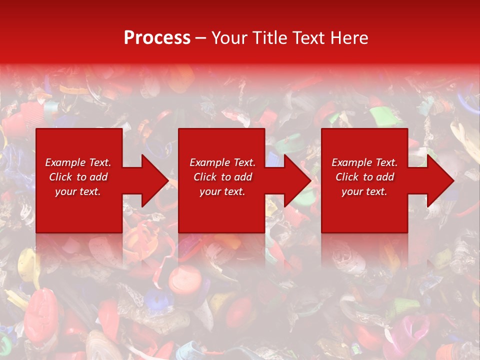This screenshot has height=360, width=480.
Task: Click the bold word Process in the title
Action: pos(157,38)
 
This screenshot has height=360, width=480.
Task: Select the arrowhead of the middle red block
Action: pos(296,180)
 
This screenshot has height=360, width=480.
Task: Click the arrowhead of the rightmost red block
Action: pos(439,180)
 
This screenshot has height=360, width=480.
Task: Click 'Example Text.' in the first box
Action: pos(78,162)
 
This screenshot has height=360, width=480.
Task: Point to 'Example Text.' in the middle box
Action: pos(222,162)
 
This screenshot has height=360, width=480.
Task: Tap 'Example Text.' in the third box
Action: pos(364,162)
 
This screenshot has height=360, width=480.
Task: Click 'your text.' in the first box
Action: pos(78,191)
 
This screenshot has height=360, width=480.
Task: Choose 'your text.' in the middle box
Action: pos(222,191)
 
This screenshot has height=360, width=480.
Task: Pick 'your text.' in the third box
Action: pos(364,191)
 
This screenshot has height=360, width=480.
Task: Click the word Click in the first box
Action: pos(60,177)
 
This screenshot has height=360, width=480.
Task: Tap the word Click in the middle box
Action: pos(205,177)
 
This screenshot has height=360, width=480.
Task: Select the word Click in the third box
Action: pos(347,177)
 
